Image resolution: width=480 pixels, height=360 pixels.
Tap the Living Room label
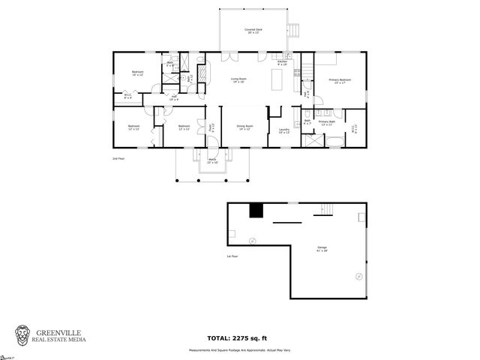[238, 79]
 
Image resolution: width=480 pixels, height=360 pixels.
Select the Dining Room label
[245, 127]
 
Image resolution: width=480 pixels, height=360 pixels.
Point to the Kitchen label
[282, 64]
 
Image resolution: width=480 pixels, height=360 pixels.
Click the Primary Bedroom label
[340, 80]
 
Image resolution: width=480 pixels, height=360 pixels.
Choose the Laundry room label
[283, 131]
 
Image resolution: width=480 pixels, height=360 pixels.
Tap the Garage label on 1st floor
[322, 248]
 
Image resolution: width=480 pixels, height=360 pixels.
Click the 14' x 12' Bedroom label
[137, 73]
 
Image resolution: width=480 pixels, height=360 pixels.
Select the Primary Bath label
[326, 122]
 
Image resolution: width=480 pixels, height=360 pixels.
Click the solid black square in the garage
[256, 211]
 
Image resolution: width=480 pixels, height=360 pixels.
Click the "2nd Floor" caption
[118, 159]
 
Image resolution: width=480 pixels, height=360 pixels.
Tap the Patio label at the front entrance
[212, 160]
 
